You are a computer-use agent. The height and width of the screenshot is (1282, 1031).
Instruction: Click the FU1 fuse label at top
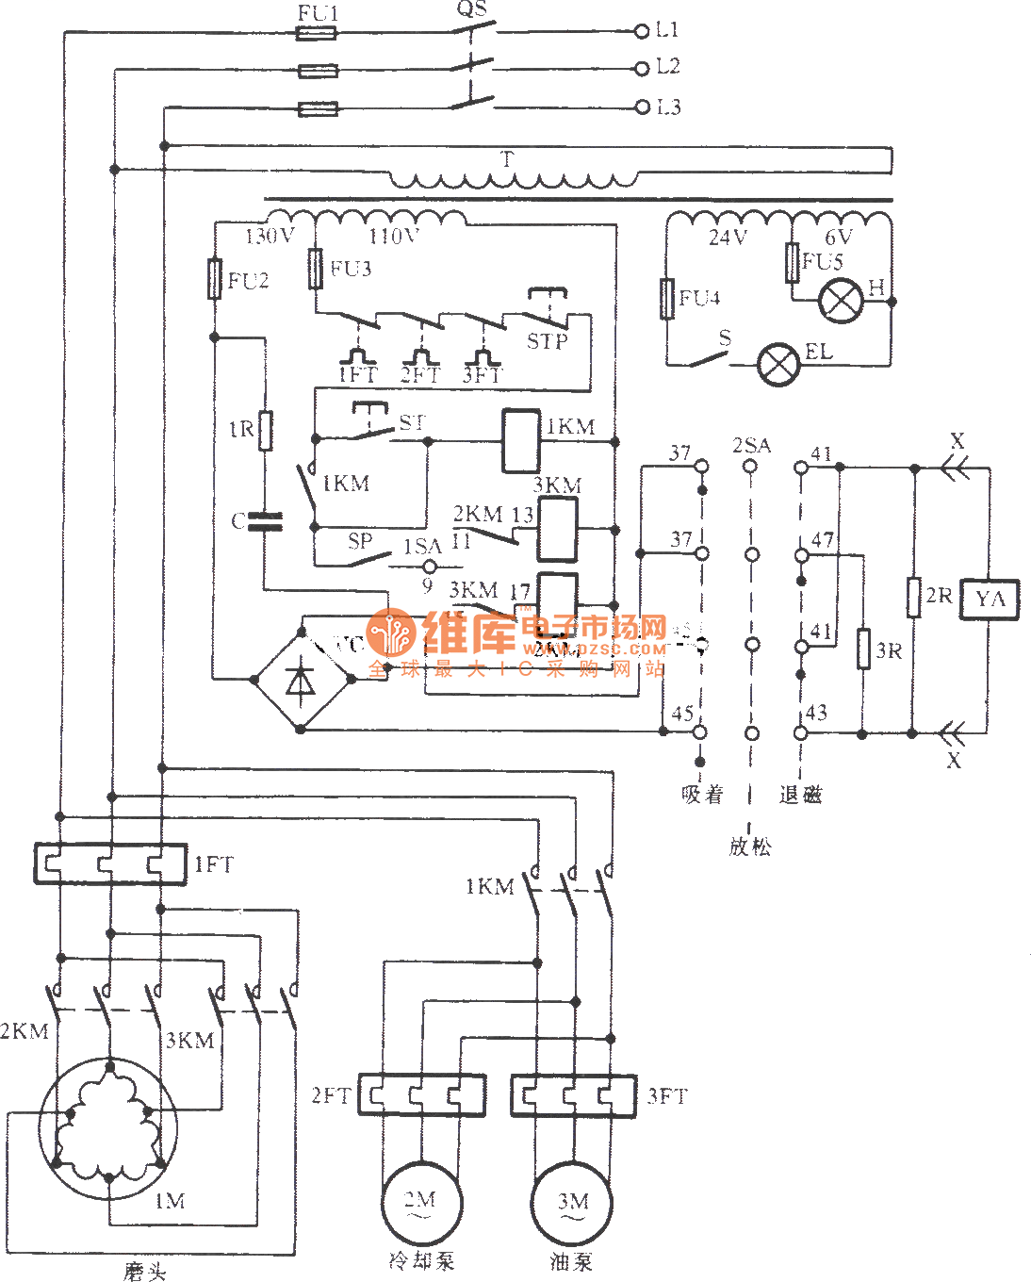coord(318,13)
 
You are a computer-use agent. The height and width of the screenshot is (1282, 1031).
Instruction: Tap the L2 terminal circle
coord(643,68)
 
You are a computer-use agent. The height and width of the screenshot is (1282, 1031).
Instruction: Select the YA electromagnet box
coord(990,599)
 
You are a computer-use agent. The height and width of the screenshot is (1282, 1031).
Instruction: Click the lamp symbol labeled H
coord(841,301)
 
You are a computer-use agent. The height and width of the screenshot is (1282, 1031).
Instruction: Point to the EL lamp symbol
coord(778,365)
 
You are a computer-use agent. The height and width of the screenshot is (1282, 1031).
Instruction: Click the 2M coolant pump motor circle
coord(420,1204)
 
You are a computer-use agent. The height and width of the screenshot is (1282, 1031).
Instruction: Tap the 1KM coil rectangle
coord(520,440)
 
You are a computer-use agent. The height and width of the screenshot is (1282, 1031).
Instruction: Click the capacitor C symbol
coord(265,521)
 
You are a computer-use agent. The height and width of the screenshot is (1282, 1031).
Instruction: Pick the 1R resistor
coord(266,430)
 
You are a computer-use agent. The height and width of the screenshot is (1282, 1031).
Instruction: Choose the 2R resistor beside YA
coord(913,597)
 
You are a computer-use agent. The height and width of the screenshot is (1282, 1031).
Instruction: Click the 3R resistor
coord(863,649)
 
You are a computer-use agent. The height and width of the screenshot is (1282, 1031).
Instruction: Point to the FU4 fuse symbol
coord(667,299)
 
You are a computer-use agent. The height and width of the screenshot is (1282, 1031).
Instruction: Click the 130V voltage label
coord(270,236)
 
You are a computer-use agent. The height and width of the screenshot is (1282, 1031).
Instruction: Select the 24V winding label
coord(728,237)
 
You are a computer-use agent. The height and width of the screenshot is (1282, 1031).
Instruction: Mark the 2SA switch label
coord(751,444)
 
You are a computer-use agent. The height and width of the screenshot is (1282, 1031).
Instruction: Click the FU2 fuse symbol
coord(215,279)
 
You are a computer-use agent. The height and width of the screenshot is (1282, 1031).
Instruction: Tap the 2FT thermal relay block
coord(421,1095)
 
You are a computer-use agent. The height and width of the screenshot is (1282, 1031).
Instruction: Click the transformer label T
coord(508,158)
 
